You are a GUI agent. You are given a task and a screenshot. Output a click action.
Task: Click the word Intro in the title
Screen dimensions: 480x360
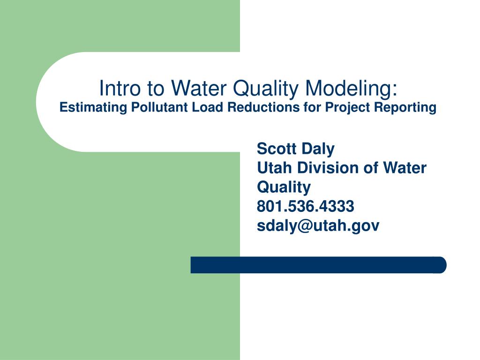click(120, 88)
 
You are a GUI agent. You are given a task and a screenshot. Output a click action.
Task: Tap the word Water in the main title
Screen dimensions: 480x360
click(199, 88)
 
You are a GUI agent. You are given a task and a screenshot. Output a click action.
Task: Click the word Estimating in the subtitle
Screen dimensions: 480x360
click(93, 108)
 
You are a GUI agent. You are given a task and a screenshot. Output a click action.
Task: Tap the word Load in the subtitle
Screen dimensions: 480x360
click(208, 107)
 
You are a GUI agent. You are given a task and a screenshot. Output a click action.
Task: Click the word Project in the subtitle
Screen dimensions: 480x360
click(347, 108)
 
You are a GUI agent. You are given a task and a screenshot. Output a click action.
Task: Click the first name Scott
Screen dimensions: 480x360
click(277, 149)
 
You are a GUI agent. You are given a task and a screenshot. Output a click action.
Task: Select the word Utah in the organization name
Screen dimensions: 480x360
click(275, 168)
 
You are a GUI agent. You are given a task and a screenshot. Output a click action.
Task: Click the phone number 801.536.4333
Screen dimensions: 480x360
click(306, 206)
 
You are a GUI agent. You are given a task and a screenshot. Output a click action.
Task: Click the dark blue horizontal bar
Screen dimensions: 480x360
click(318, 265)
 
